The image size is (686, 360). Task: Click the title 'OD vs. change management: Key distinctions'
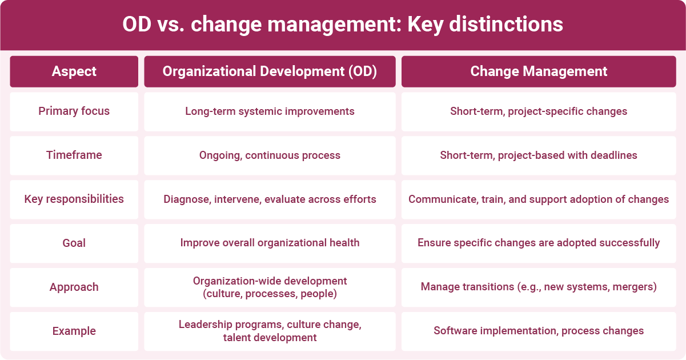(x=343, y=25)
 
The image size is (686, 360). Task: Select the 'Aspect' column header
(x=74, y=71)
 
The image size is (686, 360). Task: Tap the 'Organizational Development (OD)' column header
(x=270, y=71)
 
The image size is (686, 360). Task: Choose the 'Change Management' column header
(x=539, y=71)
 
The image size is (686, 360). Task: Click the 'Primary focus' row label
(x=74, y=111)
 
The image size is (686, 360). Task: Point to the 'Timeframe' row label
(x=74, y=155)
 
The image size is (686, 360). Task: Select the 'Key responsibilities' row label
(x=74, y=199)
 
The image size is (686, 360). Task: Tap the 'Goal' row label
(x=74, y=243)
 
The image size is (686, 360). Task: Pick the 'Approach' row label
(x=74, y=287)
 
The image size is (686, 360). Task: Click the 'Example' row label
(x=74, y=331)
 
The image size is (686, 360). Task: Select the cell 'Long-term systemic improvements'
(x=270, y=111)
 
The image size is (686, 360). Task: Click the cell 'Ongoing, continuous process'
(x=270, y=155)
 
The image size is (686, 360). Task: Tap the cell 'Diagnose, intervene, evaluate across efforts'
(x=270, y=199)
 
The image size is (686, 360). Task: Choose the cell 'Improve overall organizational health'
(x=270, y=243)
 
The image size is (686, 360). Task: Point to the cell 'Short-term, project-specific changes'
(x=539, y=111)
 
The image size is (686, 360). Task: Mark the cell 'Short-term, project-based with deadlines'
(x=539, y=155)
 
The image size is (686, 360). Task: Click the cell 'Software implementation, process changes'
(x=539, y=331)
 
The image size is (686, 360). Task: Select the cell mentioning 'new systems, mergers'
(x=539, y=287)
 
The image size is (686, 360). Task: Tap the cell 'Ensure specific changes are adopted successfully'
(x=539, y=243)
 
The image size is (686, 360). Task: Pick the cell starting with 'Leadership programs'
(x=270, y=331)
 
